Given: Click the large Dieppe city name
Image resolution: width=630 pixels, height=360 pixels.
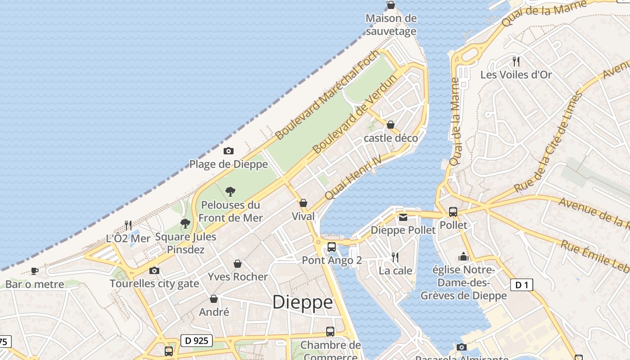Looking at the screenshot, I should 302,302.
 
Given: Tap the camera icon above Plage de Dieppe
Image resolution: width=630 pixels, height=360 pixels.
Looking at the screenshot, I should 229,151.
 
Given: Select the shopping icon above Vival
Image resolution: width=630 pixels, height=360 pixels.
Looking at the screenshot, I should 303,203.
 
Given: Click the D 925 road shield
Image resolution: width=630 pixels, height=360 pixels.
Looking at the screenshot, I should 197,341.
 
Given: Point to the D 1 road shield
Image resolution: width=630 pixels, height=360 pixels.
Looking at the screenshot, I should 522,284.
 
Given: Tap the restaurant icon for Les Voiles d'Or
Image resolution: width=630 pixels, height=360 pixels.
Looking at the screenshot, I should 516,61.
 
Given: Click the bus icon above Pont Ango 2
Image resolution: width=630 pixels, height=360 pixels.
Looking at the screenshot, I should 332,247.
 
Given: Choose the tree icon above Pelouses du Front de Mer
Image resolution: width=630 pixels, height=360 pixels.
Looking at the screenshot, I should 230,192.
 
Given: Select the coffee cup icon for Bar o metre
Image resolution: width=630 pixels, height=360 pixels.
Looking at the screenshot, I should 35,271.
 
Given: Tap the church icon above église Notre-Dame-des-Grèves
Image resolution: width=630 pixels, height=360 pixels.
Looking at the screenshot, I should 463,256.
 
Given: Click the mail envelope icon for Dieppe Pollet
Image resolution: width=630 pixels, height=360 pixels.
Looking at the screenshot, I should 403,217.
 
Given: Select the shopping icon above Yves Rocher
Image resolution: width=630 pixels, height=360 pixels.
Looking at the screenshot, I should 238,264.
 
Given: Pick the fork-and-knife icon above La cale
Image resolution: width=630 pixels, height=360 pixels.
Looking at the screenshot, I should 395,257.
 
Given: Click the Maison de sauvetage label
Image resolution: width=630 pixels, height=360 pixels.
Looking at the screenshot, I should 391,25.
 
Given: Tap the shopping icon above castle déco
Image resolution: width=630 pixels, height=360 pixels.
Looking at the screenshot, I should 391,125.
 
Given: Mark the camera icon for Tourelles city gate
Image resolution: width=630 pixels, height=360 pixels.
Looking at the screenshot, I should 154,270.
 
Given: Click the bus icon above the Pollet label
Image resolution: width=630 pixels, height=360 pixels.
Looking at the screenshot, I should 453,211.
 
